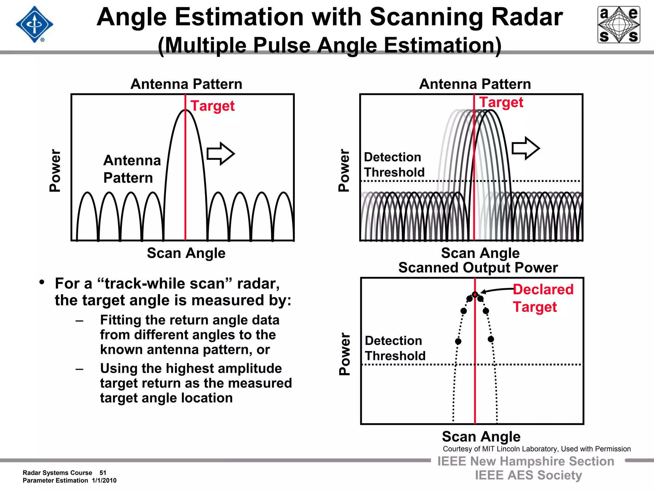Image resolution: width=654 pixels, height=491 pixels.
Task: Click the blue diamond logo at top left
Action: point(34,24)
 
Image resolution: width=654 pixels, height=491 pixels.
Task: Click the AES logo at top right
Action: point(619,25)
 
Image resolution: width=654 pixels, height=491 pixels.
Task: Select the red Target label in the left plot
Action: point(212,106)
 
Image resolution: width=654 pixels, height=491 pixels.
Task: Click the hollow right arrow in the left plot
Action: point(221,154)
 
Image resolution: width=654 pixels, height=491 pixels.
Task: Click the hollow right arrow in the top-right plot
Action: point(526,148)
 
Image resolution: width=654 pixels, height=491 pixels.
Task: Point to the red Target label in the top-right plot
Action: point(501,102)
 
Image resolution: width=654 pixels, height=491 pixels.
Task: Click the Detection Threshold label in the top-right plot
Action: point(394,165)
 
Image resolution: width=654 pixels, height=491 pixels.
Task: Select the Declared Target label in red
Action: point(543,298)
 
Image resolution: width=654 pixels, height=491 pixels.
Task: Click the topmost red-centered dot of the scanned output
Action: point(475,294)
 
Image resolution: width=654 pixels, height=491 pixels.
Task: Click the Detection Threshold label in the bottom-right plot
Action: point(395,348)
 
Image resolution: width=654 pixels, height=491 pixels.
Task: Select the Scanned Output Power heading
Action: point(478,268)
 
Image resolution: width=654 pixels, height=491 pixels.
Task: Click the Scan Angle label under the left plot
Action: point(186,253)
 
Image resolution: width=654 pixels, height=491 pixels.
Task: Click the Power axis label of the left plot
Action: point(55,170)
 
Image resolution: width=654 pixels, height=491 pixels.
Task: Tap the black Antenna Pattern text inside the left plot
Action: point(132,169)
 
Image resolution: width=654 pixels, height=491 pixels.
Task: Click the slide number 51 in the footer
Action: point(103,473)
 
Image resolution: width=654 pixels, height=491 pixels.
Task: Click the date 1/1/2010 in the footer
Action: point(104,480)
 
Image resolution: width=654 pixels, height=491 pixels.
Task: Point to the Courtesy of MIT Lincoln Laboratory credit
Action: point(536,449)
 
